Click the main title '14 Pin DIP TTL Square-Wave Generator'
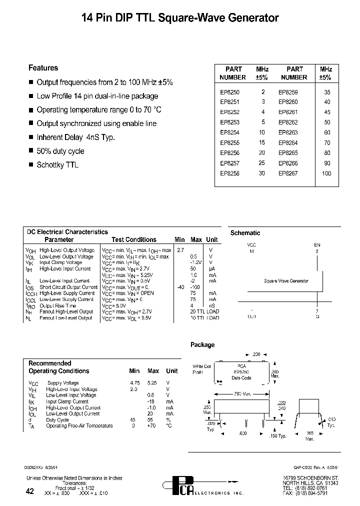(x=180, y=18)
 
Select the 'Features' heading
(x=43, y=68)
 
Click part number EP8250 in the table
(x=229, y=92)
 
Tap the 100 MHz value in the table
(x=326, y=173)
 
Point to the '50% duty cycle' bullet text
(x=60, y=151)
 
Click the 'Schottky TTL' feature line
(x=57, y=164)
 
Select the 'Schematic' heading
(x=245, y=233)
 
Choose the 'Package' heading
(x=202, y=345)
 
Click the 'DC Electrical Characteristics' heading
(x=67, y=232)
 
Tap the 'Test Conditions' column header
(x=134, y=240)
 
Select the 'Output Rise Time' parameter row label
(x=58, y=305)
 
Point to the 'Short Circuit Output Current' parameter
(x=68, y=287)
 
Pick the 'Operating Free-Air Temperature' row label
(x=79, y=426)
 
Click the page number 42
(x=29, y=491)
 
